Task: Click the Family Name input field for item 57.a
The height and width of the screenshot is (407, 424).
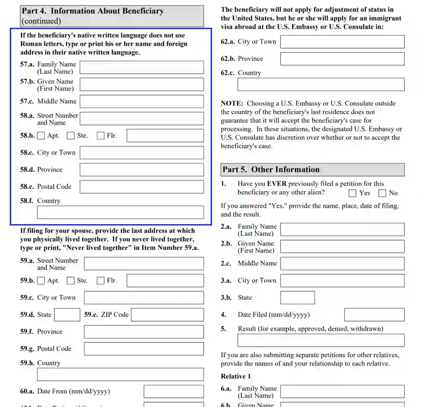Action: pos(142,67)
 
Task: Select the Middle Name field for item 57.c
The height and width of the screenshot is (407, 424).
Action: pos(142,101)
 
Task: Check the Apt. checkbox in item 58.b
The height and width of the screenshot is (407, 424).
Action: pos(41,136)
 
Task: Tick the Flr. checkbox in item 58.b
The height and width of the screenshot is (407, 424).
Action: pos(100,136)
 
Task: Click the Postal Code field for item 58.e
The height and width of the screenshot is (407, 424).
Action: pos(142,187)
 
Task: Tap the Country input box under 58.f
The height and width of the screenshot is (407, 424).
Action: pos(120,212)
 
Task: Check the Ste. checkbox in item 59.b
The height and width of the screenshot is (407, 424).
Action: pos(71,280)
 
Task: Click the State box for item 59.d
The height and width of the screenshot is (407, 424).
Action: pos(67,315)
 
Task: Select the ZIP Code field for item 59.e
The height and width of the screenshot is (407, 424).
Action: pos(167,315)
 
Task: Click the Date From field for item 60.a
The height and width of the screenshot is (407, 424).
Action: pos(174,392)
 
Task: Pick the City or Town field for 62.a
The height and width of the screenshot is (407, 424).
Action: pos(342,42)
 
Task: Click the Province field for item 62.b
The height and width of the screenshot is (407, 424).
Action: pos(342,59)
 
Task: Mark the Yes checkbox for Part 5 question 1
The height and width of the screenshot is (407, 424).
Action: pos(352,193)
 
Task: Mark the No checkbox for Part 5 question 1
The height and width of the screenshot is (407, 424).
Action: pos(382,193)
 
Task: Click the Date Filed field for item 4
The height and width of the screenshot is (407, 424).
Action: pos(374,315)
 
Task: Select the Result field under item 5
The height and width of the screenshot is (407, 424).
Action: pos(321,340)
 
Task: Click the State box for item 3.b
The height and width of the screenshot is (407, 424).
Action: pos(297,298)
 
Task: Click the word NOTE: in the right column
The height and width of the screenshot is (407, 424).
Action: pos(232,104)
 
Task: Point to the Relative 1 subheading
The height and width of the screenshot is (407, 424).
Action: pos(235,376)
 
